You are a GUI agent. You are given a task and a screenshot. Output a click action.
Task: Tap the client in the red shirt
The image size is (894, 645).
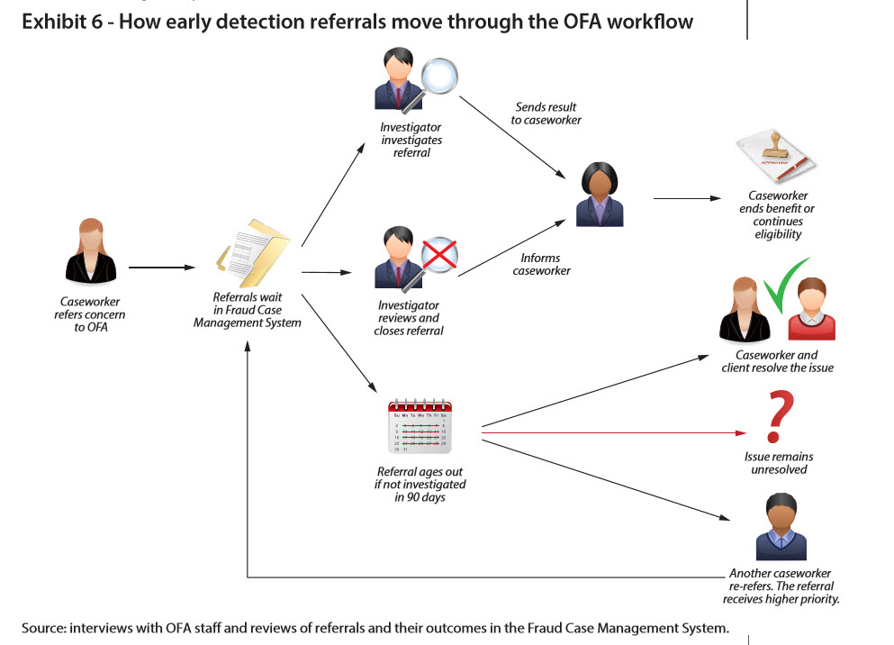[811, 312]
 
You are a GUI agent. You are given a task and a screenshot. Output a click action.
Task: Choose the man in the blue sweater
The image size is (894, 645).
[780, 529]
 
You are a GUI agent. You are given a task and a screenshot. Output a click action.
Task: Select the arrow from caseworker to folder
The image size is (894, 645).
[162, 268]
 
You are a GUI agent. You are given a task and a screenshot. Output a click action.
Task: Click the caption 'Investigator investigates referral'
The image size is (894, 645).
[411, 140]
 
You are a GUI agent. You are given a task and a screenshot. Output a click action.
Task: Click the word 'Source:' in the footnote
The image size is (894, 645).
[46, 626]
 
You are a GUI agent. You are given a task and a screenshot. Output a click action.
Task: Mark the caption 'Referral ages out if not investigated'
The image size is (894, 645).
[421, 484]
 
